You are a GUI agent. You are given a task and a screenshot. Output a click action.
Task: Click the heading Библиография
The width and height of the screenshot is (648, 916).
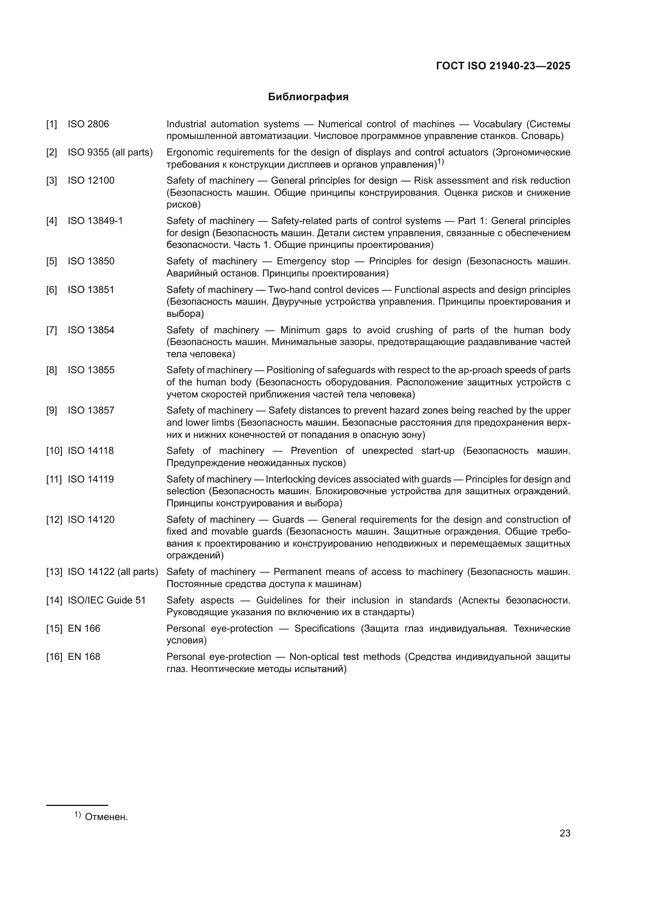tap(308, 97)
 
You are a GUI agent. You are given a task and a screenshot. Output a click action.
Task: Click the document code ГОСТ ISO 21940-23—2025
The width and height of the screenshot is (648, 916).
tap(503, 66)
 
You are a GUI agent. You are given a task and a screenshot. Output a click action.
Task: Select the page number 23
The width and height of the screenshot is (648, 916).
tap(565, 833)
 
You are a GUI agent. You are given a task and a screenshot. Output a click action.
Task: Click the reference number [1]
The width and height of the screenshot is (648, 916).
tap(51, 124)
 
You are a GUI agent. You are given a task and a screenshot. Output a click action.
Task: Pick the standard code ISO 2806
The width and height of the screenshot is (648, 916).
tap(88, 124)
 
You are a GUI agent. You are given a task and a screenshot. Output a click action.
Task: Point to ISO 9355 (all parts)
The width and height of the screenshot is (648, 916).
tap(110, 152)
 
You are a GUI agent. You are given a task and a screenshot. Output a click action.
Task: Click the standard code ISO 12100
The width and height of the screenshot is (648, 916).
tap(91, 181)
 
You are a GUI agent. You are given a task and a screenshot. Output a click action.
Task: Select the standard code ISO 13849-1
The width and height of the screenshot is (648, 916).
tap(95, 221)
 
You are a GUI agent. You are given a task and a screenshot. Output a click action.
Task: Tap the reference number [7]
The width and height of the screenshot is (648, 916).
tap(51, 331)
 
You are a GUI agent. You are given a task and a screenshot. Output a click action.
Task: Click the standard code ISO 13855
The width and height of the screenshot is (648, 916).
tap(91, 370)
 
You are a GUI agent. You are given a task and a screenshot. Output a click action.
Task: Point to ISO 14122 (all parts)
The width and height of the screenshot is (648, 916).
tap(113, 572)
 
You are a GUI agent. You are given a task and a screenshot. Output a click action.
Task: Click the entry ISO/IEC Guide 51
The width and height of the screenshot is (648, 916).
tap(107, 600)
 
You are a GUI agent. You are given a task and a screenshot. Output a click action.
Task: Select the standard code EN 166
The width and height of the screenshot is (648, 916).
tap(84, 629)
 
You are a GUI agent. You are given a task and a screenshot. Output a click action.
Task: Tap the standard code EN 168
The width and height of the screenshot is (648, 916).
tap(84, 657)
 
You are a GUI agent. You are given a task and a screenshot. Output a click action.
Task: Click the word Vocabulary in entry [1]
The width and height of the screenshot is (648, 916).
tap(497, 124)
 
